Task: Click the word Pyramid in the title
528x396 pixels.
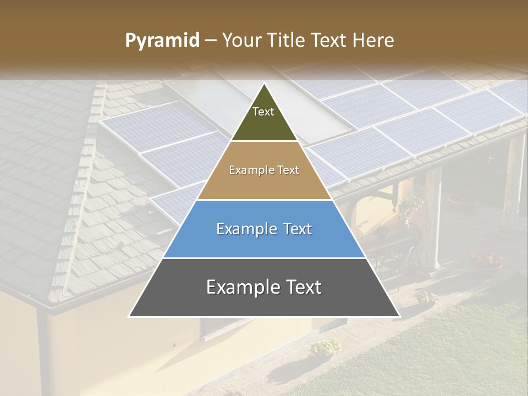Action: pos(162,41)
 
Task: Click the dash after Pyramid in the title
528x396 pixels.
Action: pos(211,41)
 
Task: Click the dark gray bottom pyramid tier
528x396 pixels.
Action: pos(264,302)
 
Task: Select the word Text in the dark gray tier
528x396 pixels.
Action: pos(302,287)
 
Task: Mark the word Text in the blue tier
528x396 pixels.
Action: pos(296,229)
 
